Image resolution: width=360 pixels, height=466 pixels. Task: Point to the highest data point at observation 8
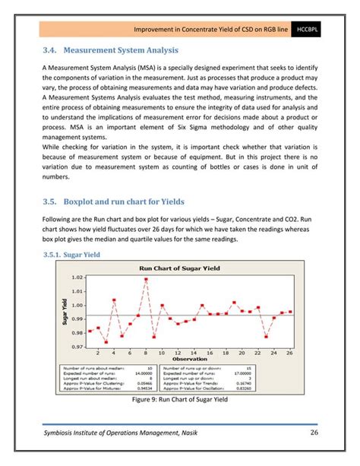(x=145, y=280)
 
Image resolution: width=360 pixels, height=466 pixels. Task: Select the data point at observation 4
(x=114, y=300)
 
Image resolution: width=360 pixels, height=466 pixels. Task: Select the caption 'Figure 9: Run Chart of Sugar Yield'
(x=179, y=398)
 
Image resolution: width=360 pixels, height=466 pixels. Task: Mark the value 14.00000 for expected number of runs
(x=143, y=373)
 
